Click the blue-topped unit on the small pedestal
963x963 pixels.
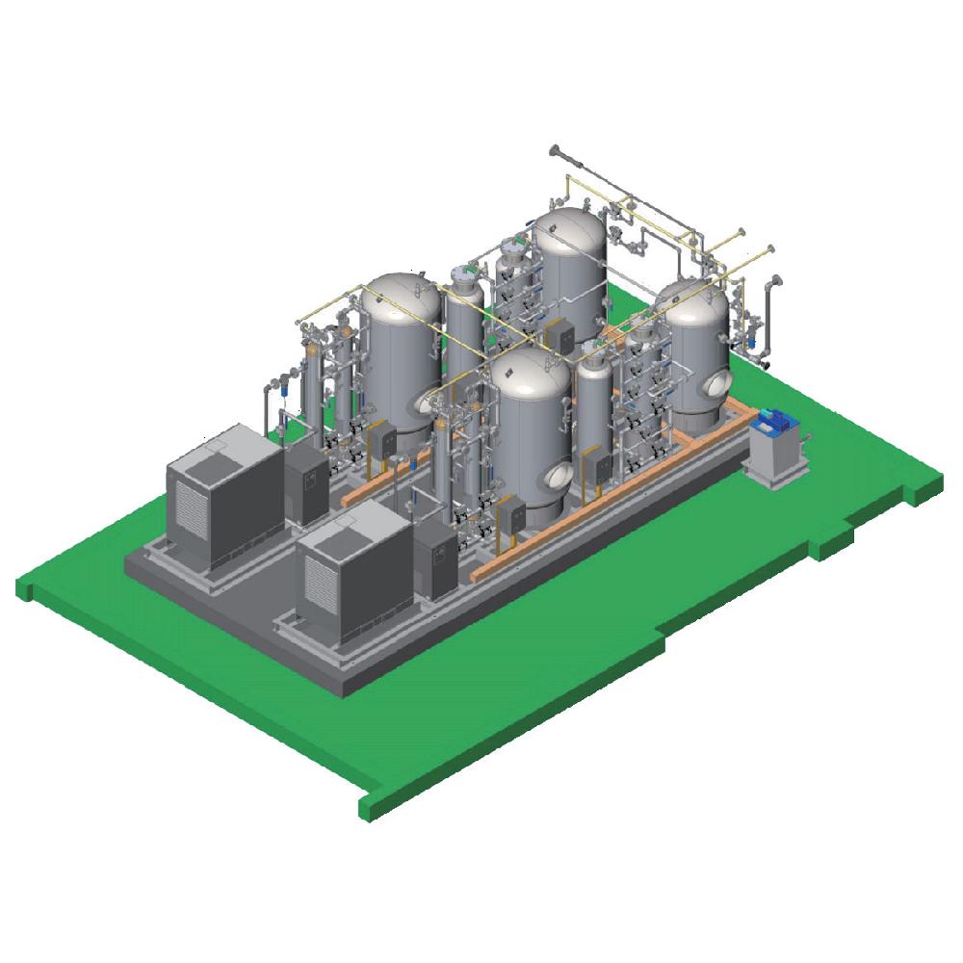(775, 421)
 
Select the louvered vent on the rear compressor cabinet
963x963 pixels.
(190, 508)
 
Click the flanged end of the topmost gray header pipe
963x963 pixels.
(554, 150)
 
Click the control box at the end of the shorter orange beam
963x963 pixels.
(383, 441)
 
